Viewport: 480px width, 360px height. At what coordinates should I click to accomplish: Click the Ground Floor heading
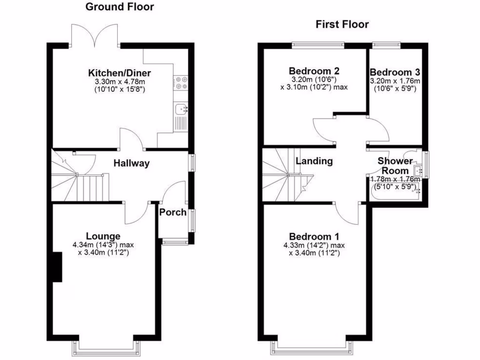(x=120, y=7)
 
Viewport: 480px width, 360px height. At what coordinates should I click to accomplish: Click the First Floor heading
(x=342, y=24)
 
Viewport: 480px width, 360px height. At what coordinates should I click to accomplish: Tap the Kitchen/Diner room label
(x=120, y=73)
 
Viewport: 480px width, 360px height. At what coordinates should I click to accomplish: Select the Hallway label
(x=131, y=164)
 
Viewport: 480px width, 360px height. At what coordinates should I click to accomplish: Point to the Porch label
(x=173, y=212)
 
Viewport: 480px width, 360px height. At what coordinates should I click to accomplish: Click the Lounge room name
(x=103, y=236)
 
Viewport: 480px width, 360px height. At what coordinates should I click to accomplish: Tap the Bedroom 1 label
(x=314, y=236)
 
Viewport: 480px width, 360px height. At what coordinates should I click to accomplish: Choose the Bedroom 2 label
(x=314, y=71)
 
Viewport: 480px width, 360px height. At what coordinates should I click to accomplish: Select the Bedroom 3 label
(x=395, y=73)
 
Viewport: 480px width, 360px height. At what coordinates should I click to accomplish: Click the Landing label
(x=314, y=161)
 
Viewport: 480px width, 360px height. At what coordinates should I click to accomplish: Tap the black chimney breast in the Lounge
(x=57, y=267)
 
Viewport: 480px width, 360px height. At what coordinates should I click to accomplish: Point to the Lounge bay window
(x=106, y=347)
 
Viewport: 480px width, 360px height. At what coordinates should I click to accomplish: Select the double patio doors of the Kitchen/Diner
(x=95, y=35)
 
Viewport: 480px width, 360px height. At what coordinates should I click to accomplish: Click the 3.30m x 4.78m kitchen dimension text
(x=120, y=82)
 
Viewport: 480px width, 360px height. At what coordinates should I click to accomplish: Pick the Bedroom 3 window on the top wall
(x=387, y=45)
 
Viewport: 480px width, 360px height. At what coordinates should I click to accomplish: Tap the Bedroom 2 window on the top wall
(x=318, y=45)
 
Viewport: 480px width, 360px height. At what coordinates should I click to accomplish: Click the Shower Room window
(x=426, y=164)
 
